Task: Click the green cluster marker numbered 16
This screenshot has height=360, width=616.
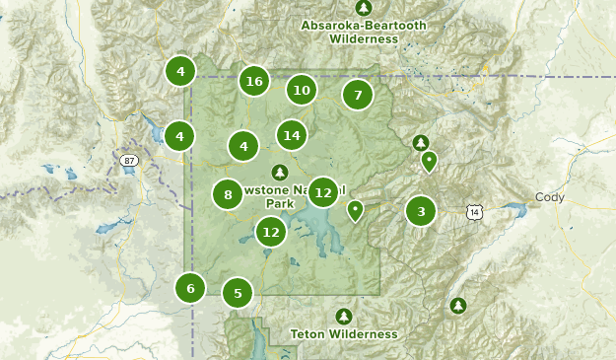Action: (254, 82)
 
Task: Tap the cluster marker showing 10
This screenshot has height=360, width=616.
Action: (302, 91)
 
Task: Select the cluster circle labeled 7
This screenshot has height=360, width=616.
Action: (358, 96)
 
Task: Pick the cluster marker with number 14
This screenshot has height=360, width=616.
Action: (291, 135)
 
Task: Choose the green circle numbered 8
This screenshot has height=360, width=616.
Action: (228, 194)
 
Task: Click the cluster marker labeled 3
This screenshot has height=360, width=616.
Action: (421, 211)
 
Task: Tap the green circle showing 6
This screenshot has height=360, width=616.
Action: (190, 288)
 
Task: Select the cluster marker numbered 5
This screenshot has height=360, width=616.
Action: (238, 293)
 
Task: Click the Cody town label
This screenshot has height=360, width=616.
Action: (549, 197)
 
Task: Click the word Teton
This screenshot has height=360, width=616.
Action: (308, 334)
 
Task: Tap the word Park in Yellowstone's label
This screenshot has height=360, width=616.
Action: (280, 204)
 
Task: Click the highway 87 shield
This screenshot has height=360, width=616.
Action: (129, 161)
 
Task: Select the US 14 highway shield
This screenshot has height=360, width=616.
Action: (475, 211)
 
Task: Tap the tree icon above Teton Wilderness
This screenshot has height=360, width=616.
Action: (343, 316)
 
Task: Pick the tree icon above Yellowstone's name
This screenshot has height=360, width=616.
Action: (280, 172)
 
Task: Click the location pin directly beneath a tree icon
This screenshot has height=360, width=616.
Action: (429, 161)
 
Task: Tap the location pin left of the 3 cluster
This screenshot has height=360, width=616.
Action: (355, 210)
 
